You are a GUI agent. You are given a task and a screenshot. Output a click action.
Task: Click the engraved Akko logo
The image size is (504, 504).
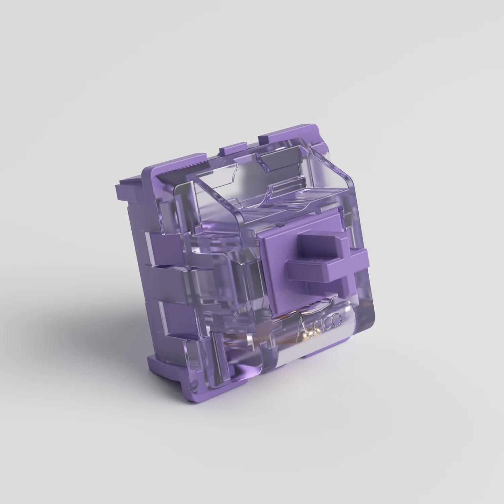(x=319, y=323)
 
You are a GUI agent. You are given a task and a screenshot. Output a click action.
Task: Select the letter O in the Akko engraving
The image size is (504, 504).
(x=337, y=318)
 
